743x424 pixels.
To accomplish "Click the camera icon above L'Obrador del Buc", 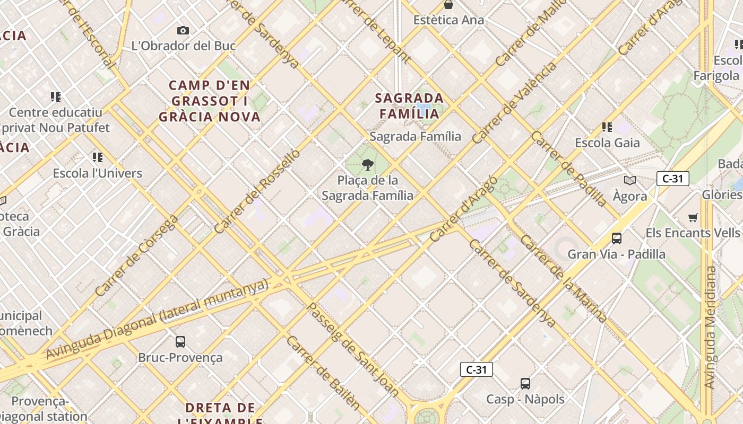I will (183, 31).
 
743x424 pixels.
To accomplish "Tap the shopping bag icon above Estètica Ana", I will (448, 5).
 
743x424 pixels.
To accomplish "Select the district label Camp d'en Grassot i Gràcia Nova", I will (210, 101).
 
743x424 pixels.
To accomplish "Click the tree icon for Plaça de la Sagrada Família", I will (367, 165).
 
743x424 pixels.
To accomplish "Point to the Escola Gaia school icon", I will (607, 127).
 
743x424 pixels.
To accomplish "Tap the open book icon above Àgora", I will (630, 181).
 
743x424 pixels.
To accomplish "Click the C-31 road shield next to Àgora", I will (672, 179).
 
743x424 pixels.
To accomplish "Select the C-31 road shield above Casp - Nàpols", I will (476, 369).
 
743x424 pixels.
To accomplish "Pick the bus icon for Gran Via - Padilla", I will (616, 238).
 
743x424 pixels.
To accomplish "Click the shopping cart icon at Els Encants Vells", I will (693, 217).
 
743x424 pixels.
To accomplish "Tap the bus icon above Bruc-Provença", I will (180, 342).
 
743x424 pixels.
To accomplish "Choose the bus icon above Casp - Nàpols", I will (525, 383).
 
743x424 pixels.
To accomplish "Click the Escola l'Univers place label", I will (98, 173).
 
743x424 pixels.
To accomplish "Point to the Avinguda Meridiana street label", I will (710, 328).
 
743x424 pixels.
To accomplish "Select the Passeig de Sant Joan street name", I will (353, 349).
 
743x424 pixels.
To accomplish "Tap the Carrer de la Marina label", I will (564, 279).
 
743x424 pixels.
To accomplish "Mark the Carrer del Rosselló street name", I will (257, 192).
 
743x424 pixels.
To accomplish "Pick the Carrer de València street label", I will (514, 102).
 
